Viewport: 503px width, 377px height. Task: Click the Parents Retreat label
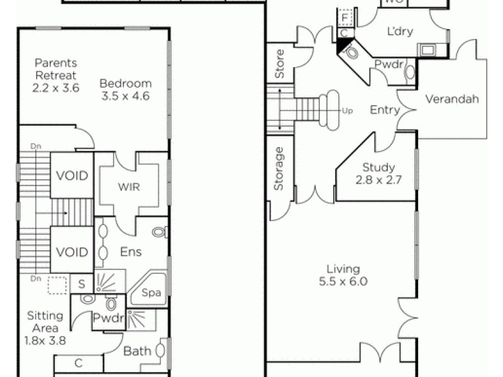[x=56, y=75]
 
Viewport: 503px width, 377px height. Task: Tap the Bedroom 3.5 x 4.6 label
[x=126, y=89]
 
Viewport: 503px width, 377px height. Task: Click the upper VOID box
[x=72, y=176]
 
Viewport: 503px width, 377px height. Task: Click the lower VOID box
[x=72, y=252]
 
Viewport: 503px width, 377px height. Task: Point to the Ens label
[x=131, y=252]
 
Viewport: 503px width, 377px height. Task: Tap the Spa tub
[x=150, y=293]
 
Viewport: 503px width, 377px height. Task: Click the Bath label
[x=137, y=351]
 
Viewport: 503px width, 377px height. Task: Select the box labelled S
[x=82, y=284]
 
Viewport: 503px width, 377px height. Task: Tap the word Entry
[x=384, y=110]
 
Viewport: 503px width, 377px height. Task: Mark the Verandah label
[x=452, y=99]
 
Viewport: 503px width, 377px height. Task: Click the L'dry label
[x=399, y=31]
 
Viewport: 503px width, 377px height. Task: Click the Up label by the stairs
[x=347, y=111]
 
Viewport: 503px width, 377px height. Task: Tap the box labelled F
[x=346, y=17]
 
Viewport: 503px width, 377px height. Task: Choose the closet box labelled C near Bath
[x=79, y=363]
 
